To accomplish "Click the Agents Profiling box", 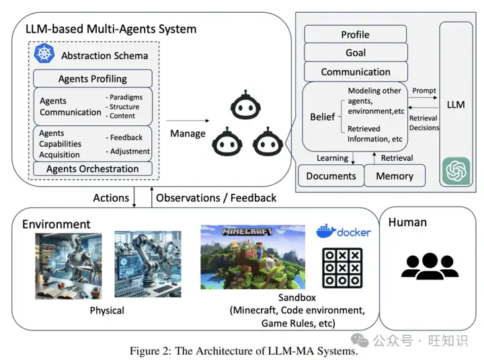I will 92,78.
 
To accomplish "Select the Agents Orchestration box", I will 92,169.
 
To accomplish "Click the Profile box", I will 355,34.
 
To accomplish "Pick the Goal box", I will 355,52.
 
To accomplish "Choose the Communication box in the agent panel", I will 355,71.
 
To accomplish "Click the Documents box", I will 331,176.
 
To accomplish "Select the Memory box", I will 395,176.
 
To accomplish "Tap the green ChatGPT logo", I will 456,170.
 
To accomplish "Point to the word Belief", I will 322,117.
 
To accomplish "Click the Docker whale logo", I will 326,231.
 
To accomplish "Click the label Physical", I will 107,310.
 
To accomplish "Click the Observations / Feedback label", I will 216,198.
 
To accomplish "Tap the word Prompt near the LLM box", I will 424,91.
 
